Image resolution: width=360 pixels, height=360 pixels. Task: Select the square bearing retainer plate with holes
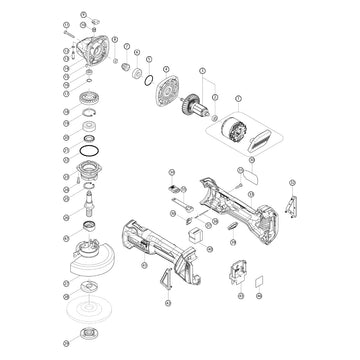162,95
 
